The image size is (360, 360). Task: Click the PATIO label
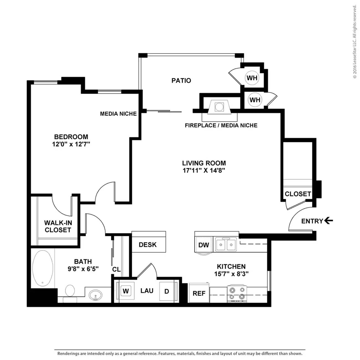click(181, 81)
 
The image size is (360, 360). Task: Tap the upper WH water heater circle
click(252, 78)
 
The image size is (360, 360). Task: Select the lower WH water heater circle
click(255, 100)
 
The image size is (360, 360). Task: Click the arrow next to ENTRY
click(328, 221)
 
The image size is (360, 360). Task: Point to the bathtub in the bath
click(43, 268)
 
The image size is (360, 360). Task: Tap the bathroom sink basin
click(95, 295)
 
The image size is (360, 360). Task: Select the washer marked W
click(125, 291)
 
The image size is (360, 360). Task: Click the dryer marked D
click(167, 291)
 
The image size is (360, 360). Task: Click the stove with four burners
click(237, 294)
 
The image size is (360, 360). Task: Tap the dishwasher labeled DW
click(204, 245)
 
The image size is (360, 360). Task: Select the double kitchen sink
click(226, 244)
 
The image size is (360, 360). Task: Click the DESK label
click(148, 245)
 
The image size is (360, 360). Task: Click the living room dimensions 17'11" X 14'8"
click(204, 170)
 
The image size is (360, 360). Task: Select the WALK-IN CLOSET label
click(58, 226)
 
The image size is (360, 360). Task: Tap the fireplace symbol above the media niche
click(219, 107)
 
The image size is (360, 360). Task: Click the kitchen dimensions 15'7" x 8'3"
click(231, 274)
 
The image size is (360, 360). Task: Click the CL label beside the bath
click(116, 269)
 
